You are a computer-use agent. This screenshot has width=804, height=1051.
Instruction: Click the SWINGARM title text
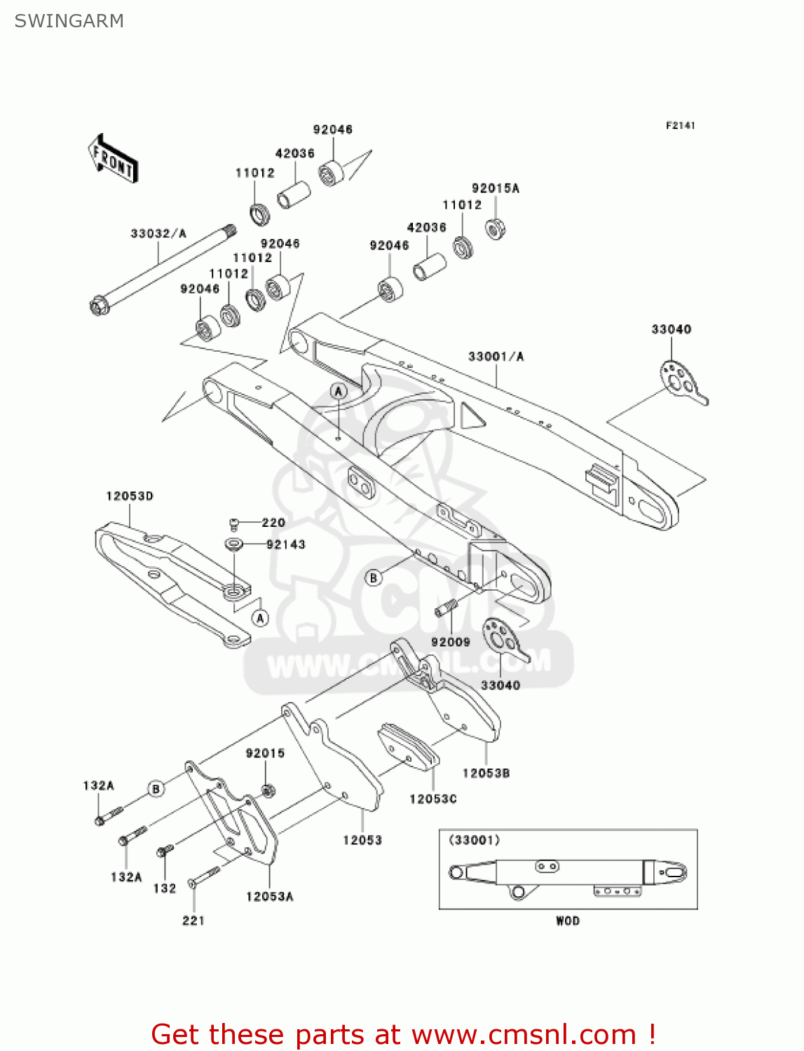tap(69, 21)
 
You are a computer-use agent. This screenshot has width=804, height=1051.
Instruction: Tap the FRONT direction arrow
tap(112, 159)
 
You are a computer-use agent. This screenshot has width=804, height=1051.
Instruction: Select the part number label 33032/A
tap(158, 233)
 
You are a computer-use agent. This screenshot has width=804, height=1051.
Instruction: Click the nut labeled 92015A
tap(496, 228)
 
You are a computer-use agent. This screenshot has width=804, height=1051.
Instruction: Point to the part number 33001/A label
tap(496, 357)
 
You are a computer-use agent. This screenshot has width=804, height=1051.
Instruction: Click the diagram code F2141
tap(680, 125)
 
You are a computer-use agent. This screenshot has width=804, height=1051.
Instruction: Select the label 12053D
tap(130, 496)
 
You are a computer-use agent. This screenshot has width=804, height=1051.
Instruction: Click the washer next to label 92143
tap(233, 544)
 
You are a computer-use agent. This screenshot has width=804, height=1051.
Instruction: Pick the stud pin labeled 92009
tap(446, 609)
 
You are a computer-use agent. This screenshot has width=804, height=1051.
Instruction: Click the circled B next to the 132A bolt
tap(156, 789)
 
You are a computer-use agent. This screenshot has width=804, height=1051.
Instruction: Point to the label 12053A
tap(269, 896)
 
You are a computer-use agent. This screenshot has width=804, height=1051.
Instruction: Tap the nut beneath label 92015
tap(267, 791)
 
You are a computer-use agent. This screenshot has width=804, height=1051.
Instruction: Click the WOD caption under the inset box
tap(568, 921)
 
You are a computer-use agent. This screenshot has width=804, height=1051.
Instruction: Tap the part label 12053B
tap(486, 773)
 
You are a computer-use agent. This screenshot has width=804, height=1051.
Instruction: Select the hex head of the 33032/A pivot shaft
tap(98, 306)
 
